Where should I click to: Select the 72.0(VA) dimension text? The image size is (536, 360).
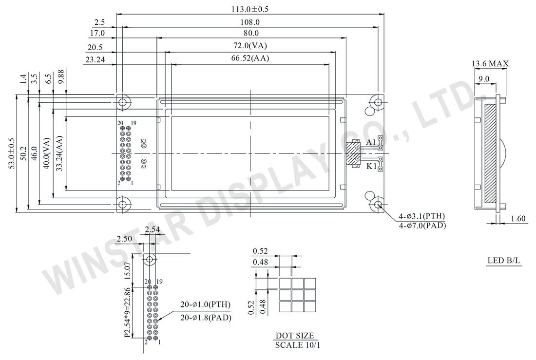250,45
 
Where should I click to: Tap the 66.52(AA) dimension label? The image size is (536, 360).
250,58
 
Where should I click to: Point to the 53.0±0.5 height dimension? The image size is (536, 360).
12,154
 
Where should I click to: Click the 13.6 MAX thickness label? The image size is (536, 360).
490,63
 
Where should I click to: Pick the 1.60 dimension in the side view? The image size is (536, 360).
518,218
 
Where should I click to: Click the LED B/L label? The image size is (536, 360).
504,261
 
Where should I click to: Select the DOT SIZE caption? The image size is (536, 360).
295,336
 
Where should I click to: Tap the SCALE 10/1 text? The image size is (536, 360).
298,345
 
